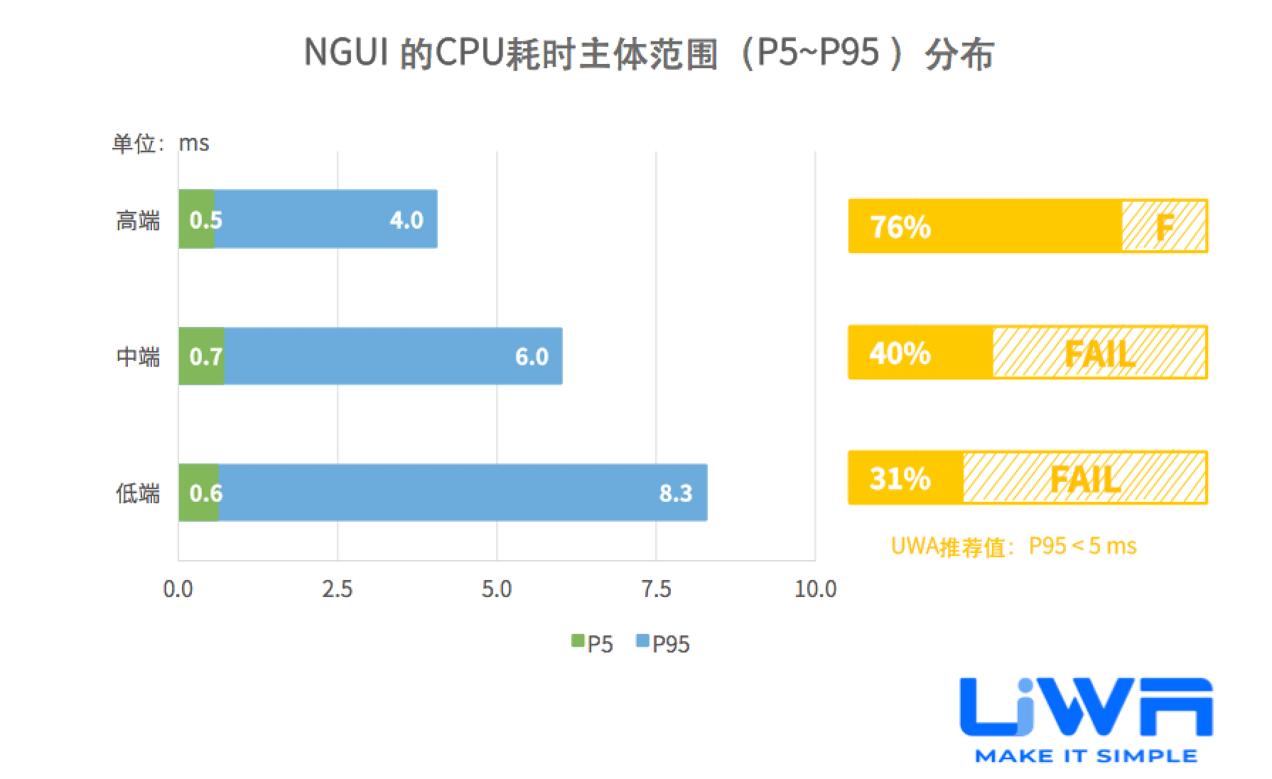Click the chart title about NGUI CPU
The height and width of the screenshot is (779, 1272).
point(648,53)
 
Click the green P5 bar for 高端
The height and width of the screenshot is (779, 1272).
point(196,219)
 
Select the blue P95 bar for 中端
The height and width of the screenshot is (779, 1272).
point(392,355)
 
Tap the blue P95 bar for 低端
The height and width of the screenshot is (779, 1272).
point(462,493)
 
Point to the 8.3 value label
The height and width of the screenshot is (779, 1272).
point(675,493)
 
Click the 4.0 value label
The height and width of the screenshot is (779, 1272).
point(406,220)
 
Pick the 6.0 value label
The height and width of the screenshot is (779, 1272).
point(532,356)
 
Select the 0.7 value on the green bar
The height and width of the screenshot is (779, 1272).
point(205,356)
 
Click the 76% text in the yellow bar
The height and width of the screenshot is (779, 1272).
point(900,227)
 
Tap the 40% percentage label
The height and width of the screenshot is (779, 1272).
point(900,353)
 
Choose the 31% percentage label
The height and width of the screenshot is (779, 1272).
point(900,478)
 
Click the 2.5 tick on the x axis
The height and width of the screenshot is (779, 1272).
point(337,589)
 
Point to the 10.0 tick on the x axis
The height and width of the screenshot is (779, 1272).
point(815,589)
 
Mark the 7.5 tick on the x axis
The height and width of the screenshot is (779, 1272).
point(655,589)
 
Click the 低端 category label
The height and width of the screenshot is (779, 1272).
point(138,493)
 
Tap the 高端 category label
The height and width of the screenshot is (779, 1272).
point(138,220)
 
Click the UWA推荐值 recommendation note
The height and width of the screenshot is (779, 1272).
point(1013,546)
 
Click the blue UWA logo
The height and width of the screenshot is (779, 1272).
point(1085,711)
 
